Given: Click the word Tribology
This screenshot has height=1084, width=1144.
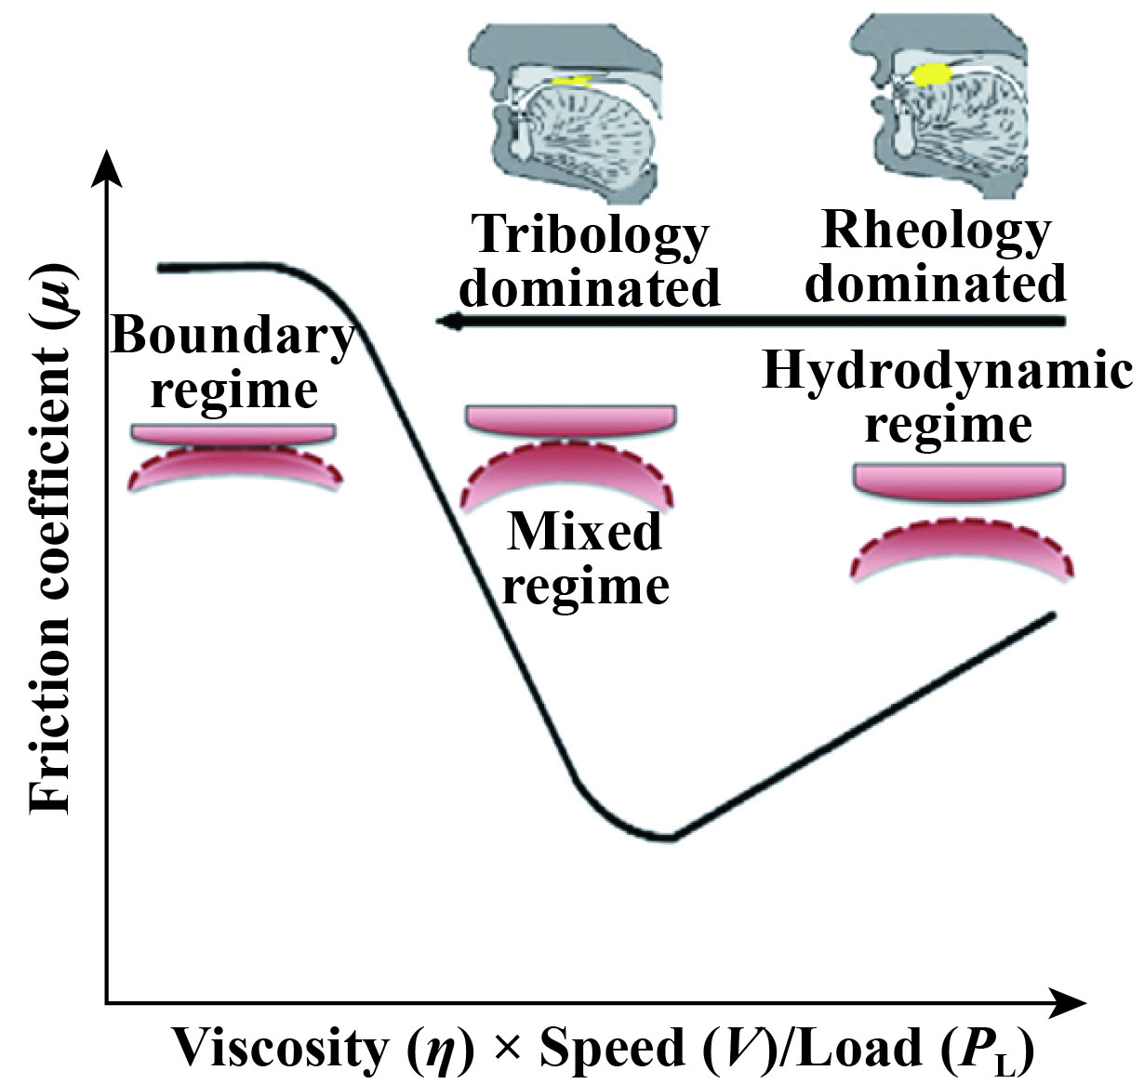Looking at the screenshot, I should pyautogui.click(x=591, y=236).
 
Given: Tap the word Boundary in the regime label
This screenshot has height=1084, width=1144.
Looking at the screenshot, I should pyautogui.click(x=233, y=336).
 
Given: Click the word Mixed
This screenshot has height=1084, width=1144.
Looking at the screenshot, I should pyautogui.click(x=584, y=532).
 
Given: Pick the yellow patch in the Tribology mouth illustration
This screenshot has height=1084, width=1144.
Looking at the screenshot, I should pyautogui.click(x=571, y=82).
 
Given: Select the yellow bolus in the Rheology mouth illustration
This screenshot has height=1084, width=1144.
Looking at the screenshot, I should pyautogui.click(x=926, y=75).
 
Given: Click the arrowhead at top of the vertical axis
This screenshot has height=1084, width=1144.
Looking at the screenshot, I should pyautogui.click(x=110, y=167).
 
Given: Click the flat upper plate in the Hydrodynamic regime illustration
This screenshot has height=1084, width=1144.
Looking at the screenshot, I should pyautogui.click(x=959, y=480).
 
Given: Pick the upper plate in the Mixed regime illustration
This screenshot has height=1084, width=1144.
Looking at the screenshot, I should pyautogui.click(x=570, y=419).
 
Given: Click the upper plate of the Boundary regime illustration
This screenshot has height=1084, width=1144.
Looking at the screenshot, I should pyautogui.click(x=233, y=433).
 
